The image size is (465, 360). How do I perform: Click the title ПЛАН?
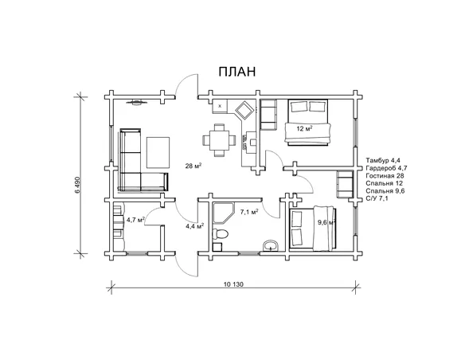tap(237, 72)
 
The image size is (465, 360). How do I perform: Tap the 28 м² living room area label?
tap(193, 166)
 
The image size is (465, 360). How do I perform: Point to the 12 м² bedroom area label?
tap(305, 129)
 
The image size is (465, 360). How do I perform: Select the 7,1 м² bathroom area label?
tap(248, 212)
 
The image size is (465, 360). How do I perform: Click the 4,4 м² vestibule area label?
tap(194, 226)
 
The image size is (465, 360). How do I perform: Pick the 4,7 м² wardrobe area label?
tap(135, 220)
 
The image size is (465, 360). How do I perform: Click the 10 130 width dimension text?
tap(233, 284)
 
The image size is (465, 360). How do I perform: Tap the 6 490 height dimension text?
tap(78, 186)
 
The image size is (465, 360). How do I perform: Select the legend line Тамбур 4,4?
tap(383, 160)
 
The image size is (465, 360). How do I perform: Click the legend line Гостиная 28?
tap(385, 176)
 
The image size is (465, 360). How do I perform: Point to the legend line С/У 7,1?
tap(377, 198)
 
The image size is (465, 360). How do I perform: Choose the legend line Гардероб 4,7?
tap(387, 168)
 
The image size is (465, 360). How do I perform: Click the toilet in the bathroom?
tap(221, 234)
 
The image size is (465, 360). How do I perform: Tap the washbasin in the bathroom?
tap(271, 246)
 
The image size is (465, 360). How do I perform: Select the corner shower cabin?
tap(223, 213)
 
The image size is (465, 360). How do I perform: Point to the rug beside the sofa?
tap(158, 152)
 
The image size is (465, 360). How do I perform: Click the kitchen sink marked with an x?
tap(220, 106)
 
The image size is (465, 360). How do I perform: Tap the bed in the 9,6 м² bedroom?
tap(313, 228)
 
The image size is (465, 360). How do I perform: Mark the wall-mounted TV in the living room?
tap(137, 103)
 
